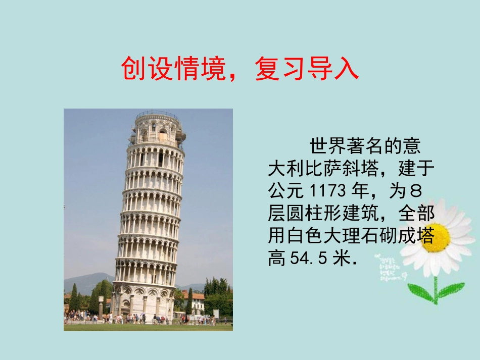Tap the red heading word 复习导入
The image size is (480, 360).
(x=307, y=69)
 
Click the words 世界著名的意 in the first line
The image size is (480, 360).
(x=364, y=146)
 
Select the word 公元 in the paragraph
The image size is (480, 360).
(x=285, y=191)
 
